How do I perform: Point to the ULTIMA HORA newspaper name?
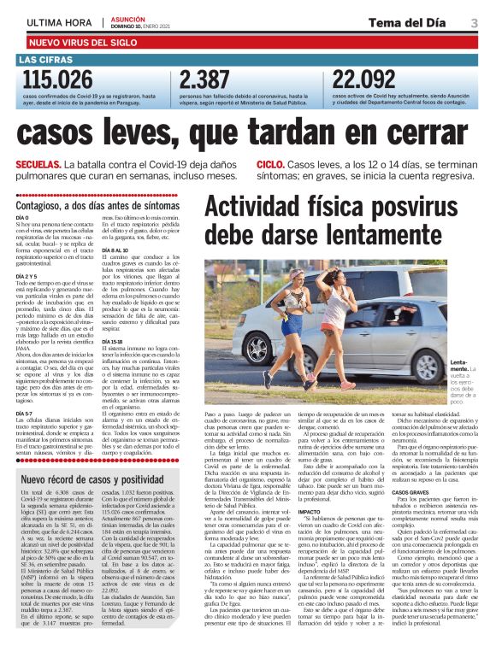pos(59,21)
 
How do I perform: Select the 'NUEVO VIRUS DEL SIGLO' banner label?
pos(82,41)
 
